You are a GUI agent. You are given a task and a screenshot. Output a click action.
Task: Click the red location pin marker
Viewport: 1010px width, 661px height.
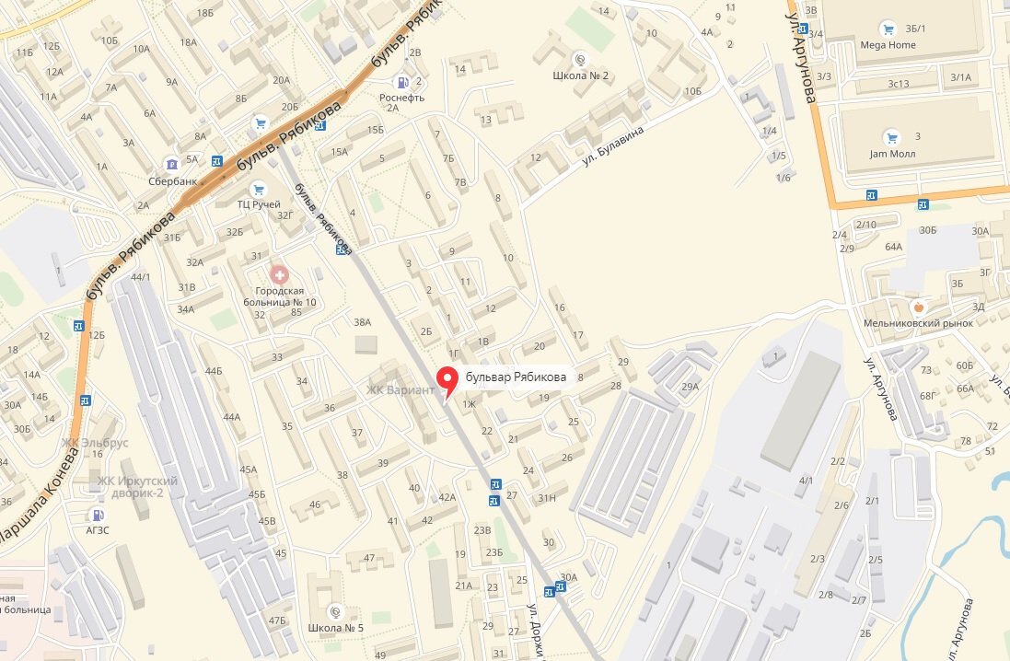448,379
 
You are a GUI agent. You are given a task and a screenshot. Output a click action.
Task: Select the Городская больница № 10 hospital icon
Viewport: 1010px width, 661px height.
277,273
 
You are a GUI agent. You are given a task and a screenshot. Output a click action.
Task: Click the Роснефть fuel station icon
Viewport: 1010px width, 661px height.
401,81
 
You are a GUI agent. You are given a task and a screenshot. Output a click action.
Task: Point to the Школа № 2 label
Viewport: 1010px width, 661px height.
581,75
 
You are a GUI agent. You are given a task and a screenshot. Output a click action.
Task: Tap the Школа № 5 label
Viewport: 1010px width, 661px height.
336,628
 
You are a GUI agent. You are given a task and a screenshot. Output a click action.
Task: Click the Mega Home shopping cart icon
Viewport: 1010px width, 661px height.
888,28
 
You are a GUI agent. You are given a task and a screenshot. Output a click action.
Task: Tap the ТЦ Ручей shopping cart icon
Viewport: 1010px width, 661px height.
260,189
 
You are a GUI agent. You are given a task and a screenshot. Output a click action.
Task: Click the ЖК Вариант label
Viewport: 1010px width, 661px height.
400,389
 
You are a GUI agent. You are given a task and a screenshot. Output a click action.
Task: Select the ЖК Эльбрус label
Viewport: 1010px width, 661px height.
95,443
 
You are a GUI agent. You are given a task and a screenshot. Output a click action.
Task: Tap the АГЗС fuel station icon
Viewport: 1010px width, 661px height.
98,514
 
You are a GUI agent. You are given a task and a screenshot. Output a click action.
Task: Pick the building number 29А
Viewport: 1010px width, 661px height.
690,388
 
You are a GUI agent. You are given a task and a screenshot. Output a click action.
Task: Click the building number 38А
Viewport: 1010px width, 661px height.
362,321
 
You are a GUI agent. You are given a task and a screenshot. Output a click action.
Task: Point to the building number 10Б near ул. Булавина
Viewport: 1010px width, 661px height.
692,91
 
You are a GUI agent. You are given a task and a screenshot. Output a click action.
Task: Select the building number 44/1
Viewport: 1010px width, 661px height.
140,276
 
